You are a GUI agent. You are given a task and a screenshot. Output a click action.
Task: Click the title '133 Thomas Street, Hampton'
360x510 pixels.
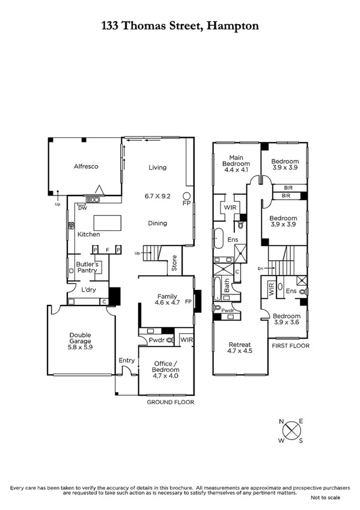click(180, 26)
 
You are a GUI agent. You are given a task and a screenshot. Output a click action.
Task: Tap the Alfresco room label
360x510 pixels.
click(86, 166)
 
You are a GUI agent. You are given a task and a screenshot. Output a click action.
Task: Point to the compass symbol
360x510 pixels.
click(291, 431)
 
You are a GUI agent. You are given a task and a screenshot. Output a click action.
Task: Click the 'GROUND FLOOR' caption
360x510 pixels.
click(171, 401)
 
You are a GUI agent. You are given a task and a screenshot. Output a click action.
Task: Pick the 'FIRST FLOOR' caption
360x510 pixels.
click(291, 346)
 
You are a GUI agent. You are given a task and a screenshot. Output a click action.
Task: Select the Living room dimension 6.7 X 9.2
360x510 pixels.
click(158, 195)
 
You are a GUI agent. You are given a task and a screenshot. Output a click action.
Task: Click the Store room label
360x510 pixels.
click(174, 263)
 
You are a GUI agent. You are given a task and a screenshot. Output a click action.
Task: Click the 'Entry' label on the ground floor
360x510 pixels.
click(126, 360)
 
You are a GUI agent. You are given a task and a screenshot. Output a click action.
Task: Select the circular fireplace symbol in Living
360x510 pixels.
click(187, 196)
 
